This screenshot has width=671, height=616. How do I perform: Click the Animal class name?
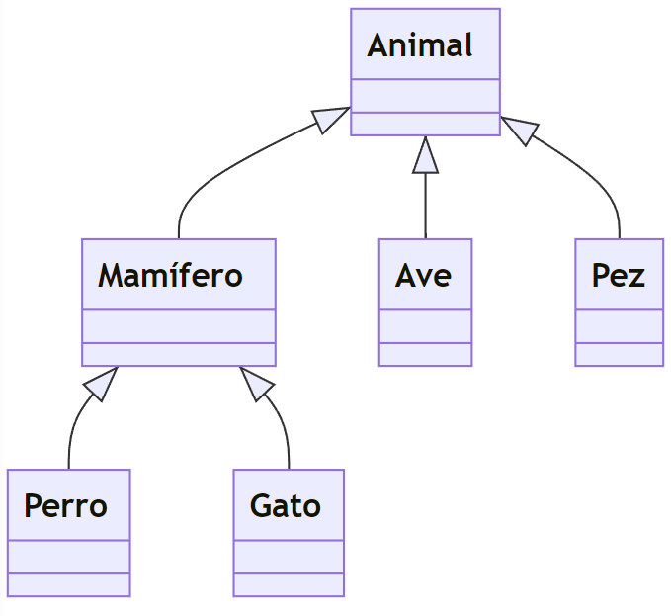coord(420,45)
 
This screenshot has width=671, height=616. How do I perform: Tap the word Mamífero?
coord(170,275)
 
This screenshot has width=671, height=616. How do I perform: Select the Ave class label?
coord(423,275)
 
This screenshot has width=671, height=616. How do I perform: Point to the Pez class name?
coord(618,275)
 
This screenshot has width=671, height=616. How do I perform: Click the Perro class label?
coord(65,505)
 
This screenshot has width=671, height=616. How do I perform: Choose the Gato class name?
coord(286,505)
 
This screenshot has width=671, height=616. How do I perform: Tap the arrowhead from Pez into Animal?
coord(520,131)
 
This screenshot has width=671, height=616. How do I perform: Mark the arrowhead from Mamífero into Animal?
coord(331,119)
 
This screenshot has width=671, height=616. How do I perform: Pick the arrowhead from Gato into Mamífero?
coord(255,383)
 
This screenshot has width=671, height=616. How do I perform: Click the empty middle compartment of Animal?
coord(425,96)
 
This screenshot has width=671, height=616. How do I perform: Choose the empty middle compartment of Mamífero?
coord(178,326)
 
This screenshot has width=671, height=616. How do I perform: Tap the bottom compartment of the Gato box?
coord(289,584)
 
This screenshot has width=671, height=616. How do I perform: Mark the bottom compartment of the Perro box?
coord(68,584)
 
